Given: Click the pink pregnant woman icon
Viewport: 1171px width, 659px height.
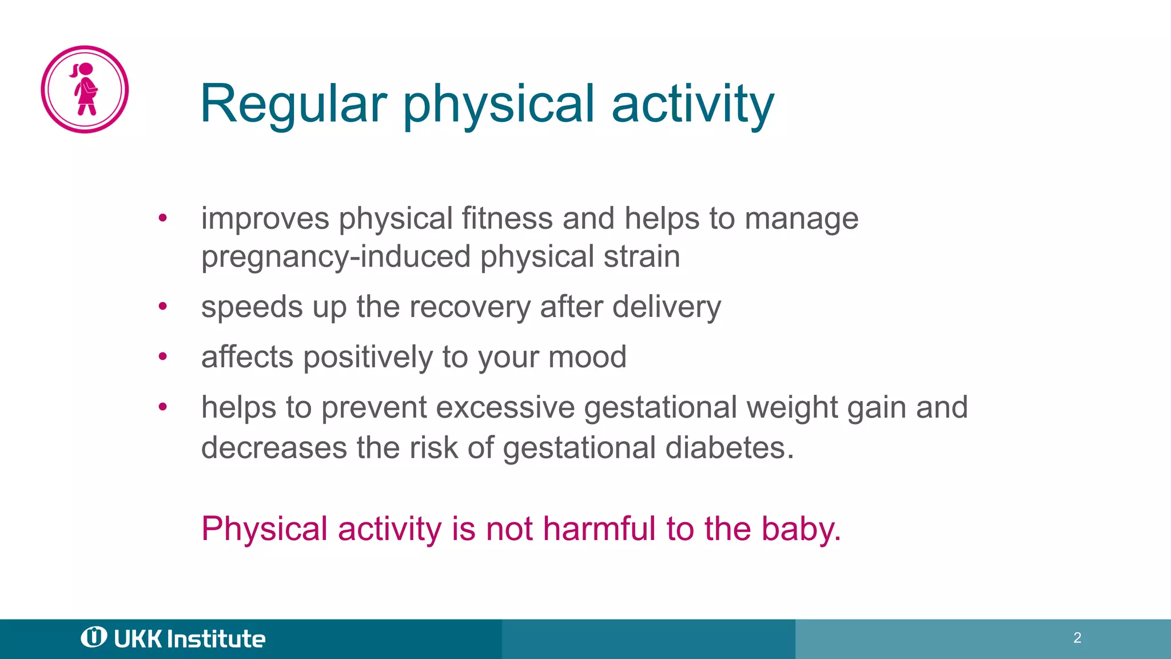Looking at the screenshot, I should point(85,89).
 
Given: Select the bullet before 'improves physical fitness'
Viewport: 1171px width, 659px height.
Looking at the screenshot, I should point(163,218).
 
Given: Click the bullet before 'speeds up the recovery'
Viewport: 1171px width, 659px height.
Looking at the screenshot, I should point(163,307).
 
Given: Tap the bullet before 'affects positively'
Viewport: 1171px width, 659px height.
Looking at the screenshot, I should point(163,357).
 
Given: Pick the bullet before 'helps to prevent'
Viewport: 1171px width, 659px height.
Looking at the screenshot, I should point(163,407).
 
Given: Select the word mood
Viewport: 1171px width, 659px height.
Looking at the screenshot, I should point(587,357).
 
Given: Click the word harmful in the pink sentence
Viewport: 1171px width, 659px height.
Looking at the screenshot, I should point(599,528).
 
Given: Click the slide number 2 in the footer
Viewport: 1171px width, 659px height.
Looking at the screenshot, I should point(1077,638).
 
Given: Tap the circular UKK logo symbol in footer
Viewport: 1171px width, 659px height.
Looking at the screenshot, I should point(94,637).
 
